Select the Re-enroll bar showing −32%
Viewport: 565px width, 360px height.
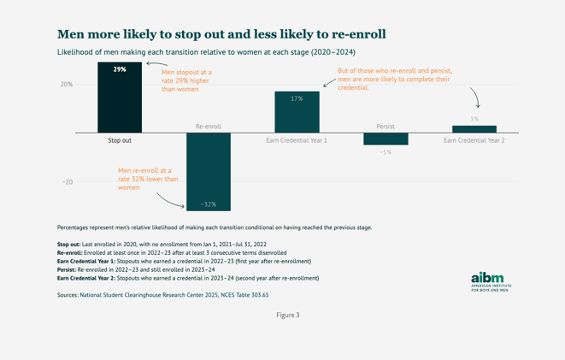(208, 172)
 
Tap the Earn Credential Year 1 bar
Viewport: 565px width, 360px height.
(297, 112)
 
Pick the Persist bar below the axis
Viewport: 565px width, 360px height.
(385, 139)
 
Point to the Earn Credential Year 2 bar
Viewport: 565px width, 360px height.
(474, 129)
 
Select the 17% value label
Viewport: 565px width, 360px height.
(297, 99)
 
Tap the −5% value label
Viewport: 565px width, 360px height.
(385, 152)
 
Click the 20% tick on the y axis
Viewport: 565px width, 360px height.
(66, 84)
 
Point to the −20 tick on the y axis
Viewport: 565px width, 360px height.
(67, 182)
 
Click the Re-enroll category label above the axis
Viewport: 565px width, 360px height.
(209, 127)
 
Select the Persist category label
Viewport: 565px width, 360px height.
(385, 127)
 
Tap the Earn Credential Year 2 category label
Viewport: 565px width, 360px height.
(474, 139)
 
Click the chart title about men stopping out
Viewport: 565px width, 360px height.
(221, 34)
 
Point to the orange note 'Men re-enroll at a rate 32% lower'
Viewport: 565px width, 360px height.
(148, 180)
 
